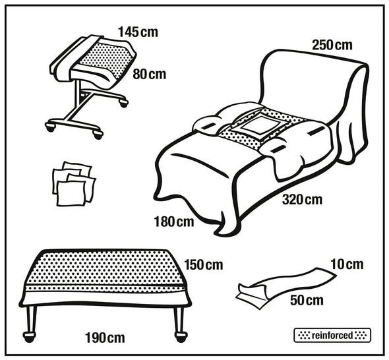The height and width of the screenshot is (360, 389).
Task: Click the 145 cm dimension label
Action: (138, 32)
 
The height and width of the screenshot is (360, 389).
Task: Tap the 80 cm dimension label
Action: (149, 74)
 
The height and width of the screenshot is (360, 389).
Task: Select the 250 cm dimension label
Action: (332, 45)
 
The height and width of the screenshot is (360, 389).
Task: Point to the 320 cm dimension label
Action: (302, 200)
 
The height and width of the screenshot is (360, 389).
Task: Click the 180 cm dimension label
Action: (173, 222)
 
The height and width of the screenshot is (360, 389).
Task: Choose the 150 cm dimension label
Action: (204, 265)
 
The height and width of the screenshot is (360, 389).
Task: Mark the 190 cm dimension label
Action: (105, 338)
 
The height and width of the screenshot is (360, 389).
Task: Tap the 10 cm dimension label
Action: (347, 264)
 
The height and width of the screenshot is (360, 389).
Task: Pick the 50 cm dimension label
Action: (307, 300)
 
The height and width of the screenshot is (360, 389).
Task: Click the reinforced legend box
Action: (332, 336)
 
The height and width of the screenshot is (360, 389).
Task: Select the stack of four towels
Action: (74, 184)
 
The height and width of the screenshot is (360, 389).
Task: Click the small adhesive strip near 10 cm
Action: (285, 287)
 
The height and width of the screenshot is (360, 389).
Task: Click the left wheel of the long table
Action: (30, 337)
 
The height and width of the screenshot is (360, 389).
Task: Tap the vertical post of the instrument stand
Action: (78, 98)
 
